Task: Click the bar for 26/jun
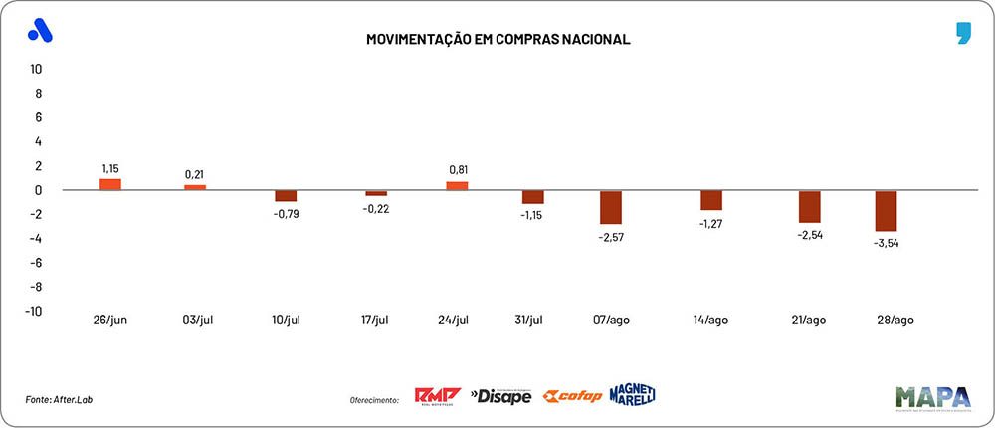109,184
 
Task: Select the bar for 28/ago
886,211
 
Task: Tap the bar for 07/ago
611,207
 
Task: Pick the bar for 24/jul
457,185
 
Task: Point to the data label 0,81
457,168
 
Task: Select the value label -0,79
287,213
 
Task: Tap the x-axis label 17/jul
376,320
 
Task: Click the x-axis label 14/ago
711,320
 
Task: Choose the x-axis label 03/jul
195,320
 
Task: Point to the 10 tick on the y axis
36,70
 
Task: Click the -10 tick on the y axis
33,311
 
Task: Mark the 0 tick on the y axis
38,190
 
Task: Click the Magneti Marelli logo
632,394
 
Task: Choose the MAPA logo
932,397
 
